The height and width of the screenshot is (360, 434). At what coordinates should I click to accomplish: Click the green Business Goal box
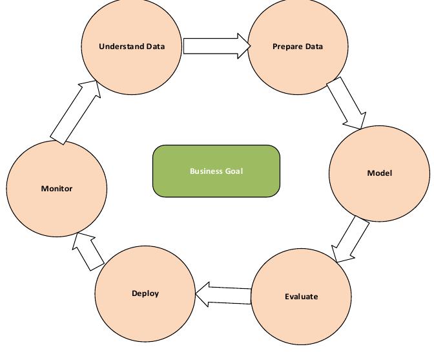click(x=216, y=171)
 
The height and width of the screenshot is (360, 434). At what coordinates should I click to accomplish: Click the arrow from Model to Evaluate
click(x=351, y=240)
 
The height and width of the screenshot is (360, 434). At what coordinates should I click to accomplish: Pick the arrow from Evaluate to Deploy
click(x=223, y=295)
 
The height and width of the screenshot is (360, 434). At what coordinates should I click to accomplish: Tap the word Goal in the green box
click(x=234, y=171)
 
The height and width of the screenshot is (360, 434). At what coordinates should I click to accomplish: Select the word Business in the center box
click(x=206, y=171)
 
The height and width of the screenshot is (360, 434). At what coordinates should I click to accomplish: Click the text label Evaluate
click(x=301, y=297)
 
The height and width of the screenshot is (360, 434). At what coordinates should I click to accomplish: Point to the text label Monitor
click(x=57, y=189)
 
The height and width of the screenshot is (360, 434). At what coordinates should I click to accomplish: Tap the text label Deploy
click(x=145, y=293)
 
